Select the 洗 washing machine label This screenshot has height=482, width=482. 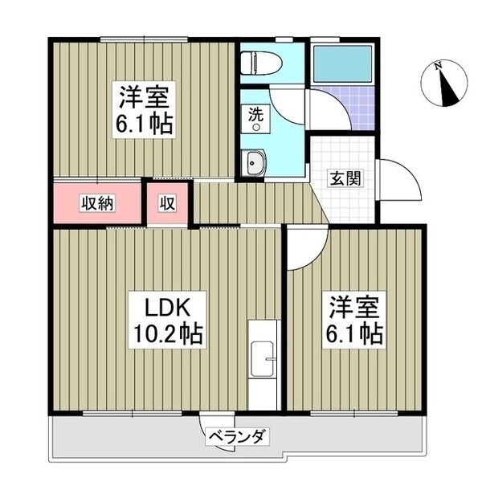tap(255, 114)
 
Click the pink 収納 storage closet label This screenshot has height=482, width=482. tap(96, 202)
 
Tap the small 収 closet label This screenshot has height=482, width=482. tap(166, 203)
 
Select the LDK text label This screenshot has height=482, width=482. tap(165, 305)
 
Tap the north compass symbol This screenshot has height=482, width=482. tap(448, 87)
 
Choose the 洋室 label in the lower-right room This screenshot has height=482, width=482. tap(351, 305)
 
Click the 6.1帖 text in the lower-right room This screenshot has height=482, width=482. tap(351, 331)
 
